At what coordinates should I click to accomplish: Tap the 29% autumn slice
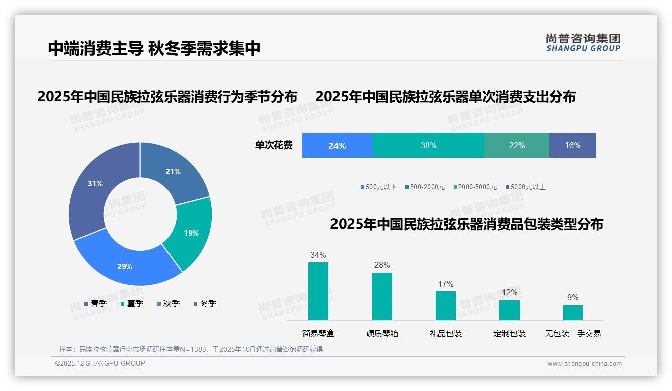[x=125, y=266]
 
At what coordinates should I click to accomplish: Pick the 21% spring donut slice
[x=173, y=171]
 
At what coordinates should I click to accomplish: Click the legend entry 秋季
[x=168, y=304]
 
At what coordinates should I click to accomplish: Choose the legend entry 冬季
[x=205, y=304]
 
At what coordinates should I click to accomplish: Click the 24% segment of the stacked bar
[x=337, y=146]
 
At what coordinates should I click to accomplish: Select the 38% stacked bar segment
[x=428, y=146]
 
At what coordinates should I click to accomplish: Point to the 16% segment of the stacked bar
[x=572, y=146]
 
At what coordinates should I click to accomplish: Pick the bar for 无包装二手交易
[x=573, y=313]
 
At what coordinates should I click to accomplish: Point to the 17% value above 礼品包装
[x=445, y=284]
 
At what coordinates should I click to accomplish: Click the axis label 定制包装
[x=509, y=334]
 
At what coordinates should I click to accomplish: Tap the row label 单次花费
[x=274, y=146]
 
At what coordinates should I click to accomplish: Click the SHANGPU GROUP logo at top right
[x=583, y=43]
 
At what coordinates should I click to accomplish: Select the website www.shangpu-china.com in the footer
[x=584, y=364]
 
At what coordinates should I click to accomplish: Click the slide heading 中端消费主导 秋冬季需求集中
[x=154, y=48]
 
